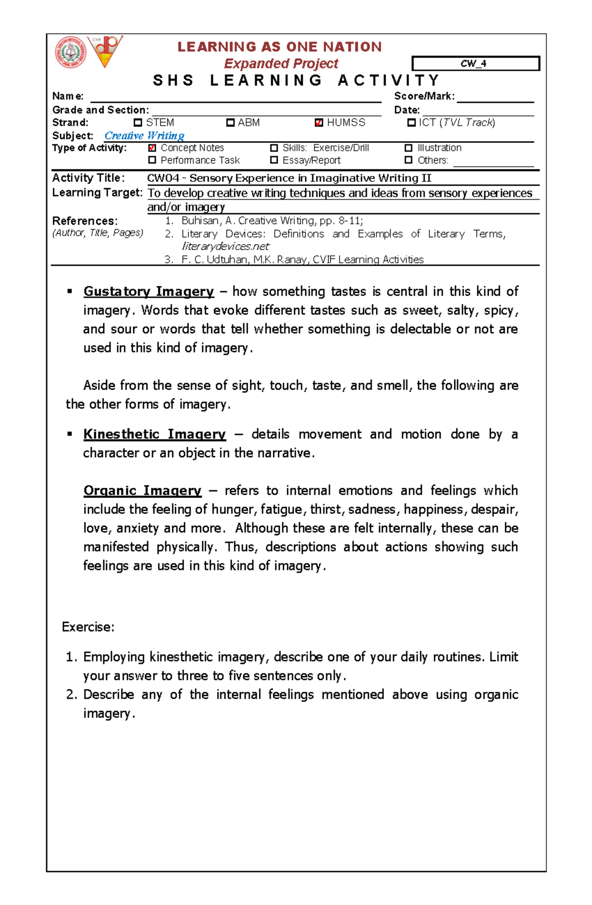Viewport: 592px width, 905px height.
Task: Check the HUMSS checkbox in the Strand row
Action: (319, 123)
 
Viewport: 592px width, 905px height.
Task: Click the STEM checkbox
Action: (138, 123)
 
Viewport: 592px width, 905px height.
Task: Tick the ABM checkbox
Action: (230, 123)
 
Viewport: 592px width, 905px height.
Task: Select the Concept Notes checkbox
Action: (152, 148)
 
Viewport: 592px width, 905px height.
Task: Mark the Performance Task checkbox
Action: (152, 160)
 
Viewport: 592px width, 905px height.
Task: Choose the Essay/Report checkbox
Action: (274, 160)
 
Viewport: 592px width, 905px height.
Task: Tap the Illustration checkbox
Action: (408, 148)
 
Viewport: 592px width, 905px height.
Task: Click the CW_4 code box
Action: (476, 64)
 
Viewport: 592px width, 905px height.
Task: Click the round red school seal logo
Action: (71, 52)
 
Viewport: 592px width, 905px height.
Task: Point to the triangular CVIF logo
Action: (105, 51)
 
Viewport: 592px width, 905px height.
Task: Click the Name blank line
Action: (235, 97)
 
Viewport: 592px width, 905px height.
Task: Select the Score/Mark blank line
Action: (495, 97)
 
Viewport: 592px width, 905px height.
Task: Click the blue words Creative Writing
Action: (144, 136)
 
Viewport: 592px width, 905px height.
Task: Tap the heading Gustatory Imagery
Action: (148, 291)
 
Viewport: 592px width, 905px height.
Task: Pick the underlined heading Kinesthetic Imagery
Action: (154, 434)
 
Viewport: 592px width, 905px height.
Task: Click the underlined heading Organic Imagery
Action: (142, 491)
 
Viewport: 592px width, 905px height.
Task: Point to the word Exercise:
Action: (88, 627)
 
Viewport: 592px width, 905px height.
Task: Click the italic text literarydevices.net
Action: (225, 247)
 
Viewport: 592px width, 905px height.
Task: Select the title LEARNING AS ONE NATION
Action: (280, 47)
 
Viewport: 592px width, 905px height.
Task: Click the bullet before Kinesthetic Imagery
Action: (70, 434)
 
